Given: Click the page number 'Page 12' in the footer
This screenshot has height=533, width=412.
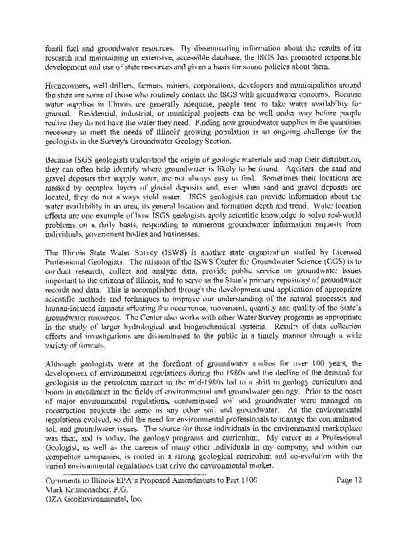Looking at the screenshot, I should coord(352,481).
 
